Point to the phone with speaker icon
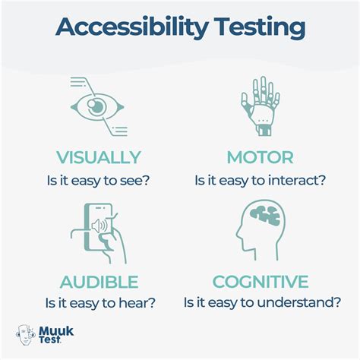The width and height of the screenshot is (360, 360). click(x=99, y=231)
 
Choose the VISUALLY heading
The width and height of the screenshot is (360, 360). click(x=99, y=158)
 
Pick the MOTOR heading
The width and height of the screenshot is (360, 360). click(x=261, y=158)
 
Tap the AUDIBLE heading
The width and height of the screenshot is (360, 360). click(x=99, y=283)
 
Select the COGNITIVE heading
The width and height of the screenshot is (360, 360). click(x=261, y=283)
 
